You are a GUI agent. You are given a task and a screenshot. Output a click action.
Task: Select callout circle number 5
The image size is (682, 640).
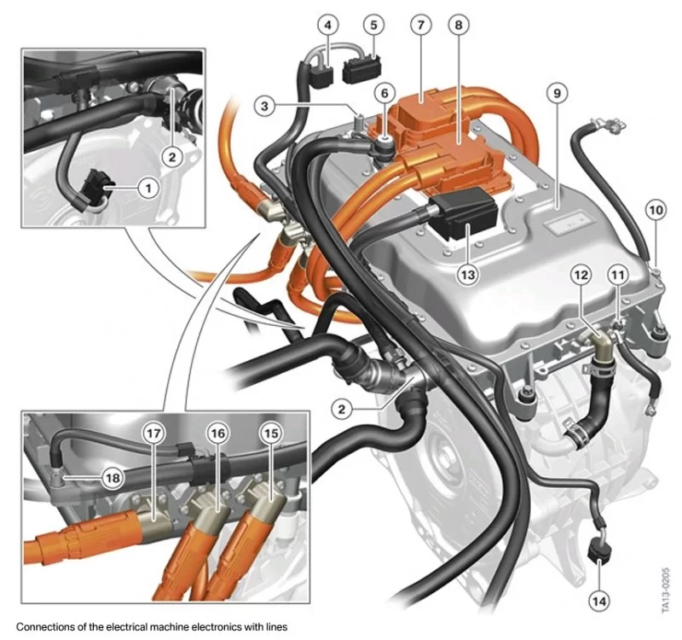373,25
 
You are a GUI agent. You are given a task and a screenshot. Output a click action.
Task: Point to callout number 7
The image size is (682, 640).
419,25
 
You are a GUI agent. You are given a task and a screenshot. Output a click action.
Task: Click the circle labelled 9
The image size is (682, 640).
555,92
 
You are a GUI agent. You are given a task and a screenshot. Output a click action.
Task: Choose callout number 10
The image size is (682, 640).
655,208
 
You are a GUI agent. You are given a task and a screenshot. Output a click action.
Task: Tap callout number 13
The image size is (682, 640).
466,274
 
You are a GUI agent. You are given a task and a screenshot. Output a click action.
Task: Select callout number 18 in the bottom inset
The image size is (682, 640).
112,477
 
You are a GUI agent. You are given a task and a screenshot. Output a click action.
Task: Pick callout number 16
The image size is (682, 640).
218,433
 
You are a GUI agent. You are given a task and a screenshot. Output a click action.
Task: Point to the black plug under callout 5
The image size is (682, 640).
364,70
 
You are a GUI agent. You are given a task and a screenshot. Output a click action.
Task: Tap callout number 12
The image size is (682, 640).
581,275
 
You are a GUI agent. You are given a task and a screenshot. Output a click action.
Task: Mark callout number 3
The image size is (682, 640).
267,106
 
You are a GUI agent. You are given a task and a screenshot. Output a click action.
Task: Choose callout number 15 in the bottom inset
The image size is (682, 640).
270,433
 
